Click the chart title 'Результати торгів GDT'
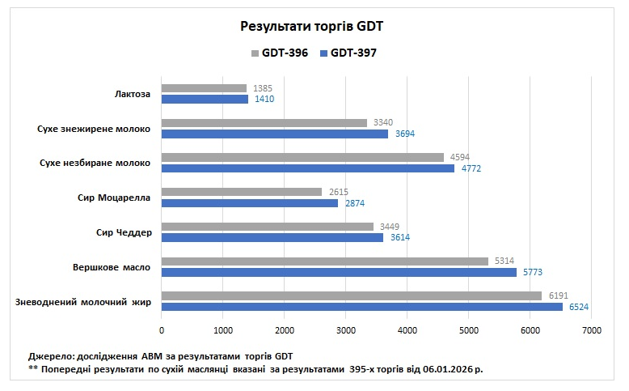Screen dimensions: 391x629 [x=312, y=27]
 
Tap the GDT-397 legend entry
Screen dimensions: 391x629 [x=348, y=53]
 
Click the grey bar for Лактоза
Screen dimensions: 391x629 [x=204, y=88]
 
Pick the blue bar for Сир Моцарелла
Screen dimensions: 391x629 [x=250, y=203]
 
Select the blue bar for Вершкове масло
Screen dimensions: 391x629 [x=339, y=272]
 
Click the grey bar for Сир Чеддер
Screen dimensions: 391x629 [x=268, y=227]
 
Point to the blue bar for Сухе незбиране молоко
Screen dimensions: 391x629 [x=308, y=168]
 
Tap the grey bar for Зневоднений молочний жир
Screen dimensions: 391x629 [x=352, y=295]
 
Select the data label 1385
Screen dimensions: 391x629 [x=261, y=87]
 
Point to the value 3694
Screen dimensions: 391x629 [x=404, y=134]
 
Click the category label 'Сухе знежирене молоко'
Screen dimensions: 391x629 [x=94, y=129]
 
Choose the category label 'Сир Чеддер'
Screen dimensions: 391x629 [x=123, y=232]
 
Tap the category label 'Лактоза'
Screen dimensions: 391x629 [x=133, y=94]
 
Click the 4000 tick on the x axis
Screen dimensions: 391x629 [x=407, y=330]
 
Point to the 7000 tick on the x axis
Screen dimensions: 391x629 [x=591, y=330]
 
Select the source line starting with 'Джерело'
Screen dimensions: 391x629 [x=159, y=356]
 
